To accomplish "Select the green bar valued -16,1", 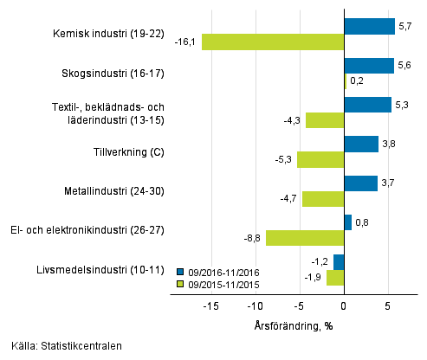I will coord(273,42).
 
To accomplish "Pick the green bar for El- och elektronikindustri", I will coord(305,238).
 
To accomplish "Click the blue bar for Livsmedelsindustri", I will coord(339,261).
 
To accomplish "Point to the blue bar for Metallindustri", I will coord(360,183).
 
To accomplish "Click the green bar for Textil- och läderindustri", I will coord(325,120).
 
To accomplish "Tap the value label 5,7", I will coord(404,26).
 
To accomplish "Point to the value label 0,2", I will coord(357,80).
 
